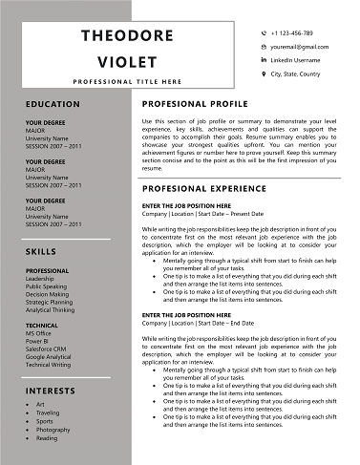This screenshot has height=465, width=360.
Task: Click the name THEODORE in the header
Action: [134, 35]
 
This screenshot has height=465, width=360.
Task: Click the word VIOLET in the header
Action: [134, 60]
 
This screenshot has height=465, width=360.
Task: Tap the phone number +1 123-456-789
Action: [291, 32]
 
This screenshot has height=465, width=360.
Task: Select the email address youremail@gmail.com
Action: [299, 46]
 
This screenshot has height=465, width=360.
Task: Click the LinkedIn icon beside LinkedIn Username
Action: [263, 59]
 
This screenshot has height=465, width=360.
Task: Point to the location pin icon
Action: [263, 73]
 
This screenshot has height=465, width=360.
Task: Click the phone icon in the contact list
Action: [263, 32]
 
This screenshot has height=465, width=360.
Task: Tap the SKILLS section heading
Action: [41, 251]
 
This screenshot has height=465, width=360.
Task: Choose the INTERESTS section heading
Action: [51, 391]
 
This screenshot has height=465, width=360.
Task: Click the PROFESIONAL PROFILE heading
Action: [195, 103]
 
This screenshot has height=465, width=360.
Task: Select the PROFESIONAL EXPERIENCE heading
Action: [202, 188]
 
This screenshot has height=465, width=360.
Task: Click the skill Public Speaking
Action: [47, 286]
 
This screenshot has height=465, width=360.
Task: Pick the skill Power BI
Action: [38, 341]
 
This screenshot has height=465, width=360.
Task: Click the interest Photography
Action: [53, 430]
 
